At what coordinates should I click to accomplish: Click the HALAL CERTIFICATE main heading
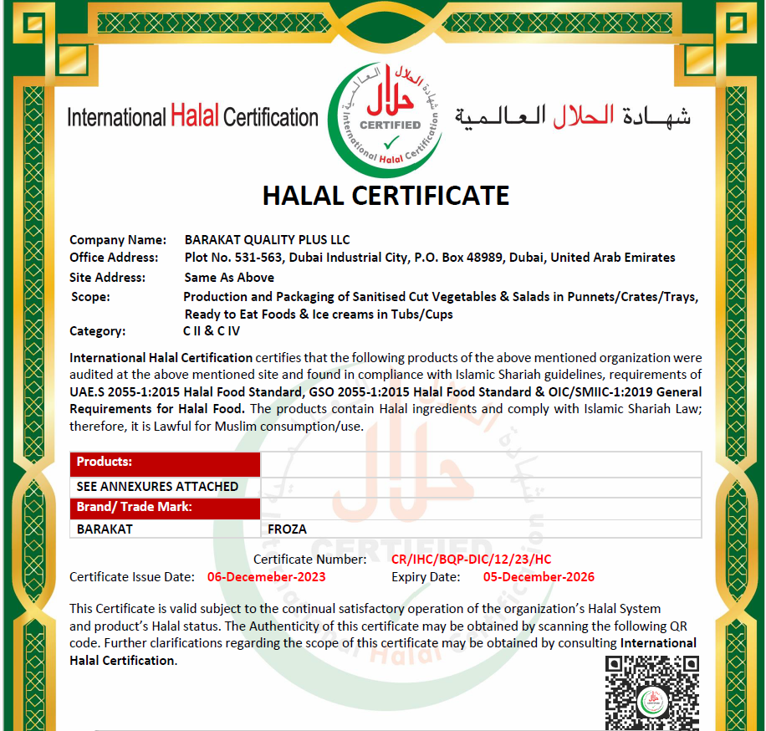pos(386,196)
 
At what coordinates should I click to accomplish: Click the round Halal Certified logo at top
pos(386,113)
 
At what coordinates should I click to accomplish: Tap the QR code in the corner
pos(651,693)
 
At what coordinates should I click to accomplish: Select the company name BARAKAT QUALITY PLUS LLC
pos(267,240)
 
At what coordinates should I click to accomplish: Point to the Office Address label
pos(114,258)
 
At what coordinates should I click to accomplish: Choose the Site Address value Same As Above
pos(229,278)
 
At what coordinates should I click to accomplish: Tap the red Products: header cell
pos(166,463)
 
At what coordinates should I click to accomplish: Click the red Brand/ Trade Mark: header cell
pos(166,507)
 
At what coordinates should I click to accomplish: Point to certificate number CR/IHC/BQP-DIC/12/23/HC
pos(471,560)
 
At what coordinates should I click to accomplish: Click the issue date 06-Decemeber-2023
pos(266,577)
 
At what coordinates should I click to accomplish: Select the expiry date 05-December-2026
pos(539,577)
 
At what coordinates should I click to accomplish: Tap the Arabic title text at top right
pos(573,115)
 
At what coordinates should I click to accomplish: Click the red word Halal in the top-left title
pos(195,116)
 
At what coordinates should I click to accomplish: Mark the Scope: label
pos(90,297)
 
